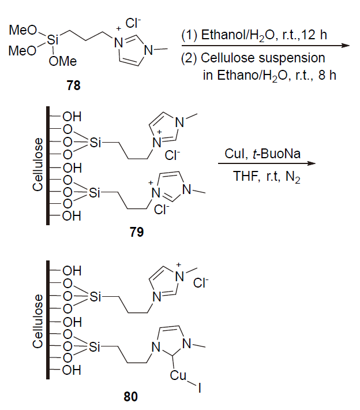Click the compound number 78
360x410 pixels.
pos(73,85)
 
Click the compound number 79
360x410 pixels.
pos(137,232)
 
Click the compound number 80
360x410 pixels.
pos(130,397)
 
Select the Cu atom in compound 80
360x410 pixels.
pos(178,375)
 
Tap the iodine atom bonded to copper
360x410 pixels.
pos(200,388)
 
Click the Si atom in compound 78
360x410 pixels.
pos(52,40)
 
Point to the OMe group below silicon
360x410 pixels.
pos(63,61)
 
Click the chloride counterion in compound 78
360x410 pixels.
pos(133,23)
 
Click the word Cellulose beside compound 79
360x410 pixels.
pos(37,165)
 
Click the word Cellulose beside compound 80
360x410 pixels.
pos(37,322)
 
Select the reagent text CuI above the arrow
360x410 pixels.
pos(236,154)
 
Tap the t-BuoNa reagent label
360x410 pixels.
pos(276,154)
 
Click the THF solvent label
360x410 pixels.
pos(246,176)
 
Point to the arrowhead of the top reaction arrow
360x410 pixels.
pos(346,46)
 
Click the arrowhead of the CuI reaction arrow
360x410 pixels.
pos(312,163)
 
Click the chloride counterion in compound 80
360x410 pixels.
pos(201,283)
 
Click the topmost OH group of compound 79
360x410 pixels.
pos(72,117)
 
